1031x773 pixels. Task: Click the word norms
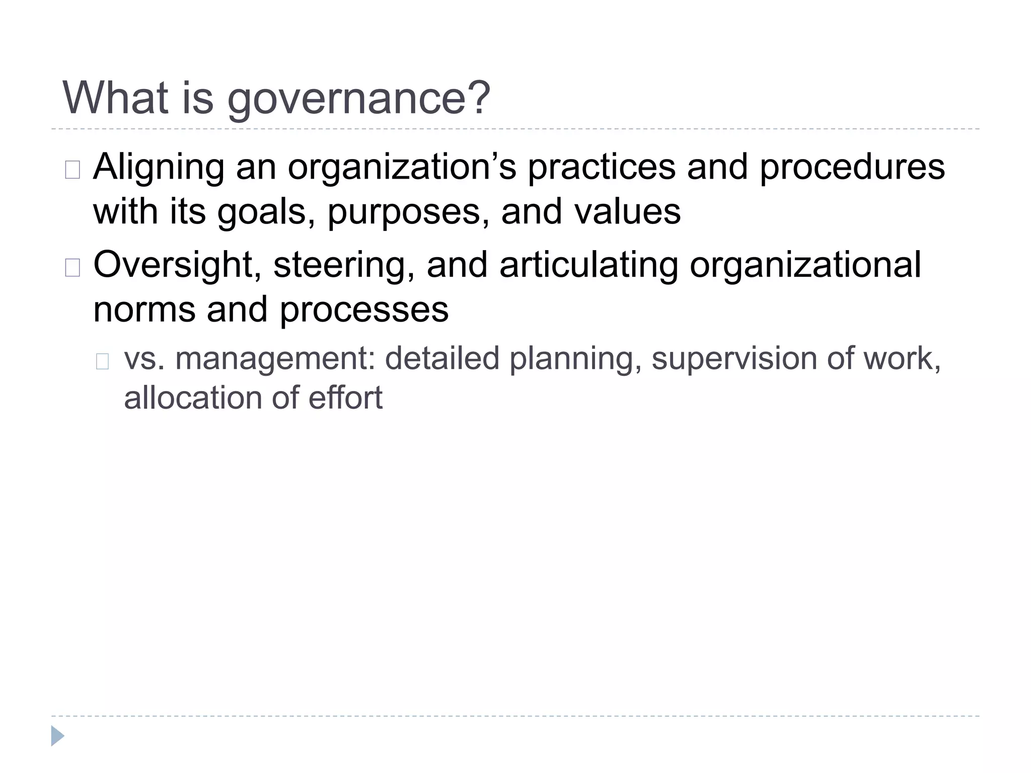click(144, 310)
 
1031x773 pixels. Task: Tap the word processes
click(364, 310)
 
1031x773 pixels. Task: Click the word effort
click(345, 398)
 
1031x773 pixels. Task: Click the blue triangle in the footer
click(57, 736)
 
